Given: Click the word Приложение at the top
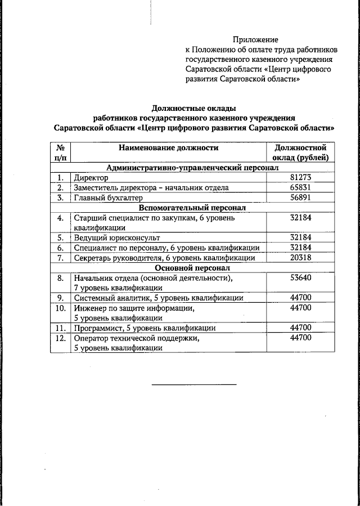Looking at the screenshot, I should click(256, 39).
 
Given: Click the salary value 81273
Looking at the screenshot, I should click(300, 177).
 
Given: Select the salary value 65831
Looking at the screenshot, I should click(300, 187).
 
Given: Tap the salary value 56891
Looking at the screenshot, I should click(300, 198).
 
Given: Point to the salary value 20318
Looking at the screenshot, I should click(300, 258).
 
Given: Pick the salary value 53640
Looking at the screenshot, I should click(300, 277).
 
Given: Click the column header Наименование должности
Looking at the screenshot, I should click(168, 148).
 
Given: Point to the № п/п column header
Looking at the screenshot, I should click(60, 153).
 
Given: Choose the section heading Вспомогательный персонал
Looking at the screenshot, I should click(192, 208).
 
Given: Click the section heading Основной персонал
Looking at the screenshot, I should click(192, 268).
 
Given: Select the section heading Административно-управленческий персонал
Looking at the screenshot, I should click(192, 168).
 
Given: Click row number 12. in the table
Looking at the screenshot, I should click(60, 338).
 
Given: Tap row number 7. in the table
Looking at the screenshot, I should click(60, 258).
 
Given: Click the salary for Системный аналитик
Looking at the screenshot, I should click(300, 298).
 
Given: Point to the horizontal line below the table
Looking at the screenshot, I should click(194, 384).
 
